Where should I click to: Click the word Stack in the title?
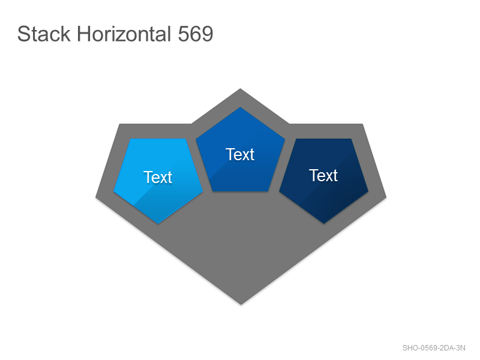tap(44, 34)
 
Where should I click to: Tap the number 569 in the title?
tap(196, 34)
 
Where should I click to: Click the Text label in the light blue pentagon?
tap(158, 177)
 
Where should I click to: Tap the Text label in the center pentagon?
tap(241, 154)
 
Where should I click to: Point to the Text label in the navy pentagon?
tap(323, 175)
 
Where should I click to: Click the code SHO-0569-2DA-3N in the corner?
tap(434, 348)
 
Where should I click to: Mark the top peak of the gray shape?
tap(241, 89)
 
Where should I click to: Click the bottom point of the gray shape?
tap(241, 305)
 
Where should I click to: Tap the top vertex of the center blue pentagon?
tap(241, 107)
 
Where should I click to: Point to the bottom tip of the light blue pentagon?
tap(158, 224)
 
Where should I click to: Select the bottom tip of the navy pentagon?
tap(324, 223)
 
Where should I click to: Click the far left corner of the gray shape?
tap(96, 197)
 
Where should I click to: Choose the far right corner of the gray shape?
tap(386, 197)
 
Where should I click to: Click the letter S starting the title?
tap(23, 34)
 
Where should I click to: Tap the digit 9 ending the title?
tap(207, 34)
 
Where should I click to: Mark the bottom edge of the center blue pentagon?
tap(241, 191)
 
